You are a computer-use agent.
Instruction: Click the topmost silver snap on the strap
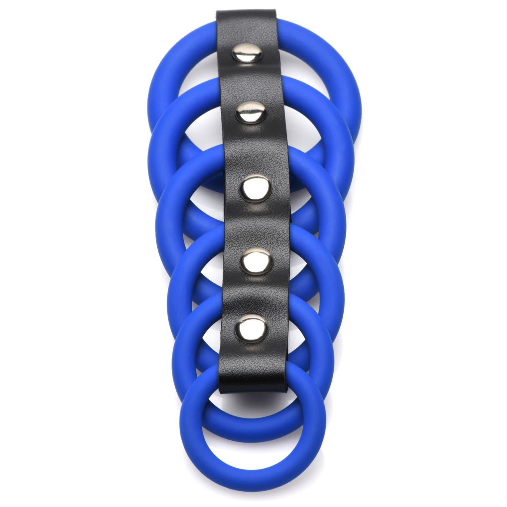coord(247,53)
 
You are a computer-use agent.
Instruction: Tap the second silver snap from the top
coord(250,112)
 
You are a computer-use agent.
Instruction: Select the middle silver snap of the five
coord(255,188)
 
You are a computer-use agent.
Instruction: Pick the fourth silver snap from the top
coord(256,261)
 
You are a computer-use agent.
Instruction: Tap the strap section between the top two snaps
coord(248,83)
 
